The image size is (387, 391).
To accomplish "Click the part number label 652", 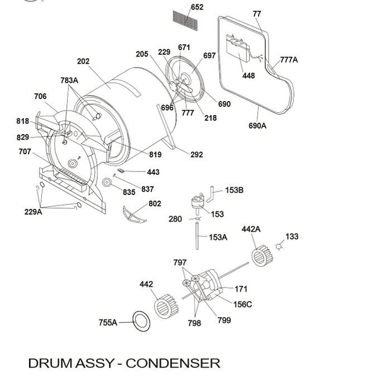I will click(197, 7).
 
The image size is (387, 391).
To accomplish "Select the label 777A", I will click(289, 60).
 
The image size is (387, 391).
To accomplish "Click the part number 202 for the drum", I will click(83, 61).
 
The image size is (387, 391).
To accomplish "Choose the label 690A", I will click(257, 126).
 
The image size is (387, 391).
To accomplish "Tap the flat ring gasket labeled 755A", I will click(141, 322).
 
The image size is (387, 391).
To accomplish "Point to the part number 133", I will click(292, 237).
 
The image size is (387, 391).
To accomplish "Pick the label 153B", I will click(234, 190).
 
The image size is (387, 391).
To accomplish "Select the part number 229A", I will click(33, 212).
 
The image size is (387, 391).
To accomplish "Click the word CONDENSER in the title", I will click(173, 363).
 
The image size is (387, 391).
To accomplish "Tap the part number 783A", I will click(69, 80).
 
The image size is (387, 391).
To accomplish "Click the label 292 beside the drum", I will click(197, 155).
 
